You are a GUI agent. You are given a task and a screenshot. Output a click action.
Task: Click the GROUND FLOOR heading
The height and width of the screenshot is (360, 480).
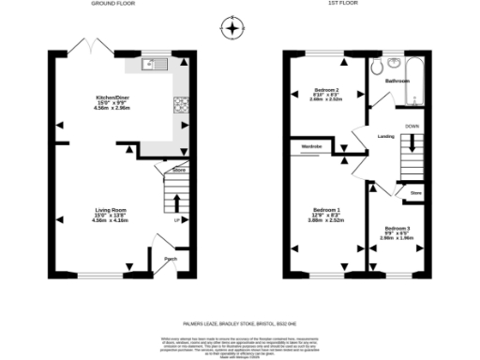pyautogui.click(x=113, y=4)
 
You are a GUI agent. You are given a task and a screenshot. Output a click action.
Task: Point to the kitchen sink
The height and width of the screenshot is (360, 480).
pyautogui.click(x=150, y=65)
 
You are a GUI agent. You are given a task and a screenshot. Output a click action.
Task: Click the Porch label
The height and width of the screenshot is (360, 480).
pyautogui.click(x=171, y=258)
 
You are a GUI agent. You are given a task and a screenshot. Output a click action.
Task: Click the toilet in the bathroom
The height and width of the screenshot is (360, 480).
pyautogui.click(x=377, y=67)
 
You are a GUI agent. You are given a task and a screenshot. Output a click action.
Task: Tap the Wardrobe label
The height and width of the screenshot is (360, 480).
pyautogui.click(x=313, y=147)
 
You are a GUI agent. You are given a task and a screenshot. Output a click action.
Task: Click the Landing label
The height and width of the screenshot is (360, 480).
pyautogui.click(x=384, y=137)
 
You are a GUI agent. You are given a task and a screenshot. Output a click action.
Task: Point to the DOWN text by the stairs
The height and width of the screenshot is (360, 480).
pyautogui.click(x=412, y=125)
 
